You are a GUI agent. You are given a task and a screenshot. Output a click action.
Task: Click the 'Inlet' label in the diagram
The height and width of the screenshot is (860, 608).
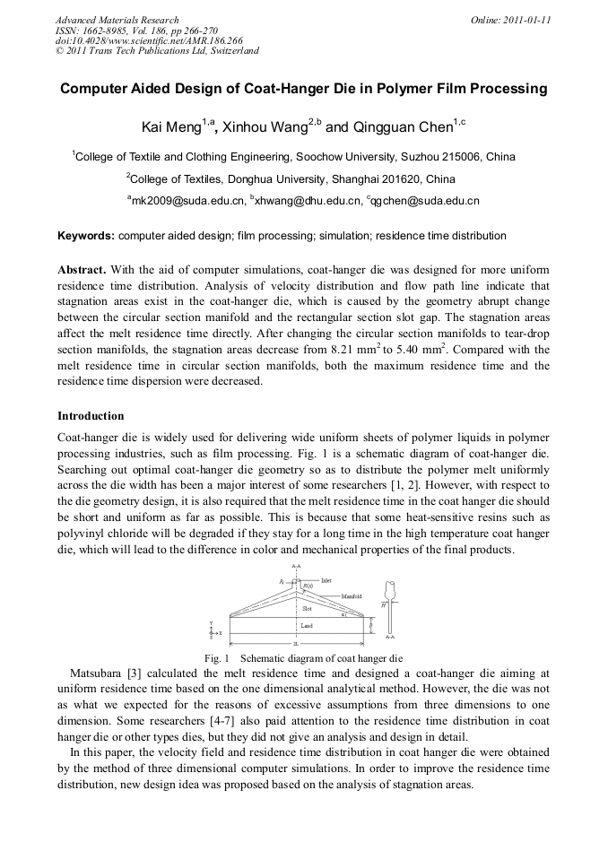coord(326,581)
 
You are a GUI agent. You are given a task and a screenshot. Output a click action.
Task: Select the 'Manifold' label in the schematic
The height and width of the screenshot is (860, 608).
coord(352,595)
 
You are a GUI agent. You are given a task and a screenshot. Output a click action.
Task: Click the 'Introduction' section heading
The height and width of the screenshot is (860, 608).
coord(91,416)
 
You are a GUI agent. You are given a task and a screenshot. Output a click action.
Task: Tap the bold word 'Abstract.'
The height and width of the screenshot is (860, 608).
coord(83,269)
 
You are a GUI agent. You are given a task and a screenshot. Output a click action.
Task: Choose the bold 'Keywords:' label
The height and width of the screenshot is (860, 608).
coord(86,236)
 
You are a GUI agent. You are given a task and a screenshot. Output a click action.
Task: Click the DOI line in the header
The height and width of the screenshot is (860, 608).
coord(149,40)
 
